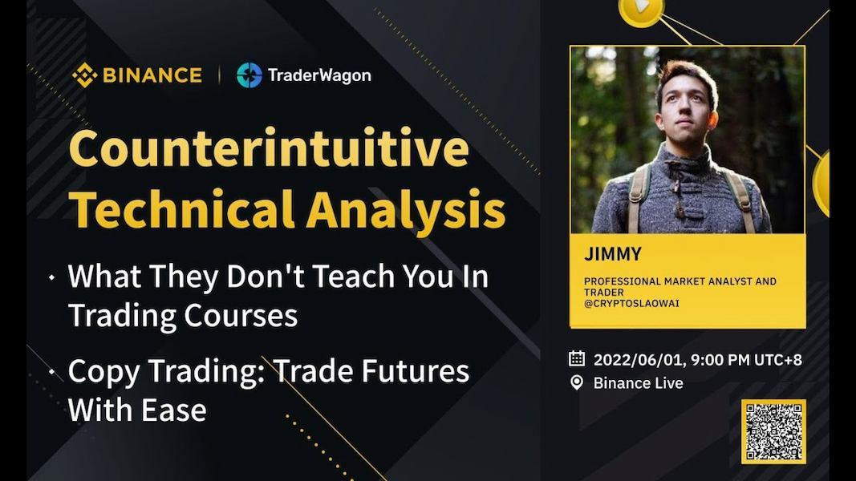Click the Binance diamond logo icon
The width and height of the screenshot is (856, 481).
coord(84,75)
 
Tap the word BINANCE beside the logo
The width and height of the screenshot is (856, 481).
coord(152,75)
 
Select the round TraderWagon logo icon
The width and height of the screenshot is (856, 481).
coord(249,75)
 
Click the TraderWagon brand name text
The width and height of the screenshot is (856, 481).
coord(319,75)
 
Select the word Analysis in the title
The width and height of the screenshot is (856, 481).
coord(405,210)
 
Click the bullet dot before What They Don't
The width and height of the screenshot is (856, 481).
coord(52,277)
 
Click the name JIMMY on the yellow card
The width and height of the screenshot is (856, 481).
coord(613,256)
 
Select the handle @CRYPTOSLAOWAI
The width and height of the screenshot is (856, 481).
coord(631,304)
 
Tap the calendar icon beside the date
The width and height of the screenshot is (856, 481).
coord(577,359)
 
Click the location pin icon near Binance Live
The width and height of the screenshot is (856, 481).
coord(577,383)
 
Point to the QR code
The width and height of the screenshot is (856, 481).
coord(773,432)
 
